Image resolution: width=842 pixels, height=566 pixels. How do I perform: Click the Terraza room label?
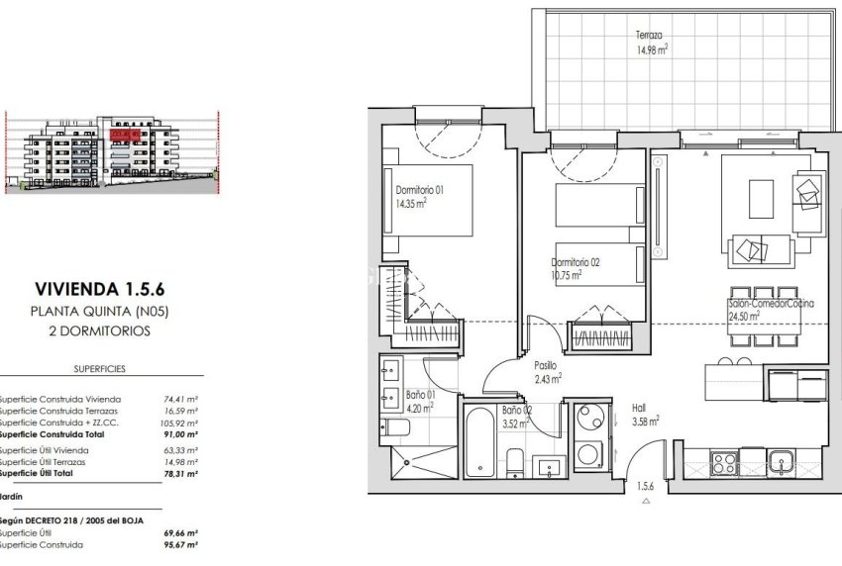[650, 35]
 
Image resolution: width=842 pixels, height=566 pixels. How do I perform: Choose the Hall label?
[641, 406]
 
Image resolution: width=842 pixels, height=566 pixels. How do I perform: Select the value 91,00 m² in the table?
[181, 433]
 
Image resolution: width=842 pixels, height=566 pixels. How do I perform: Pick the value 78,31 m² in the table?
[181, 474]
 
